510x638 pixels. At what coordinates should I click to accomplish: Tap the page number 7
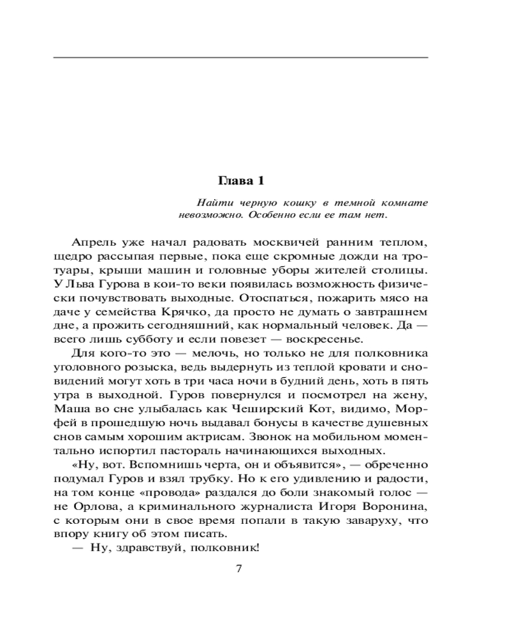239,568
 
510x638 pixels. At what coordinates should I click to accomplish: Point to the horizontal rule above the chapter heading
240,58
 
